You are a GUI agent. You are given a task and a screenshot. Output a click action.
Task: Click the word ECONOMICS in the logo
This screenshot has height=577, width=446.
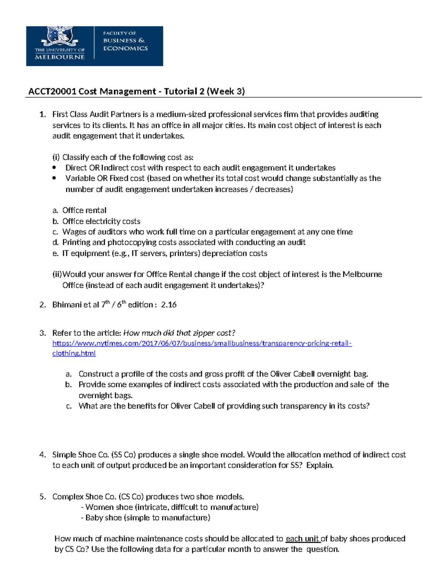(x=125, y=48)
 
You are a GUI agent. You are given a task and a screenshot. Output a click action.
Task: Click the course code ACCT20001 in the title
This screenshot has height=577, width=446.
(x=52, y=91)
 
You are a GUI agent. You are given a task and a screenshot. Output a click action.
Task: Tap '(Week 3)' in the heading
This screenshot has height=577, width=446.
(x=226, y=91)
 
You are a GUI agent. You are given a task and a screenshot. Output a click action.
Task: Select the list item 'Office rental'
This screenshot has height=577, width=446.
(x=84, y=210)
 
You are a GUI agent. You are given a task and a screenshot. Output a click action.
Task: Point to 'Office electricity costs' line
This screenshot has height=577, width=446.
(x=101, y=221)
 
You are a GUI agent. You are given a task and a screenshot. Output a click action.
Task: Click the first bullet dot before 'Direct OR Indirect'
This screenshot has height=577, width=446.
(x=55, y=168)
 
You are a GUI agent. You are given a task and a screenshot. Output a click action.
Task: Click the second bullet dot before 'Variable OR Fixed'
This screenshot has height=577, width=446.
(x=55, y=178)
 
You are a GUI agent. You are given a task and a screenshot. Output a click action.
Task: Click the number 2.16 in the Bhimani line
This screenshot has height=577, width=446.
(x=169, y=305)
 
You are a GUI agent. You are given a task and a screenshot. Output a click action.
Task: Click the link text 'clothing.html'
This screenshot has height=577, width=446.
(x=74, y=353)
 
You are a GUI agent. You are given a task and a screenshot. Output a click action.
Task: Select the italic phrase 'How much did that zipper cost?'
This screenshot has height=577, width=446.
(x=179, y=333)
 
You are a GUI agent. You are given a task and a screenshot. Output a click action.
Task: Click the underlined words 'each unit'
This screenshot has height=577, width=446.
(x=303, y=539)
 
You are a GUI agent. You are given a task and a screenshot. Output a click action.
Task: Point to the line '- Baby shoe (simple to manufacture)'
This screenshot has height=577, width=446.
(x=145, y=518)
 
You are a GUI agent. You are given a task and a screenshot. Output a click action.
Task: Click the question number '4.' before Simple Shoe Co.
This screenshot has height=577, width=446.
(x=42, y=455)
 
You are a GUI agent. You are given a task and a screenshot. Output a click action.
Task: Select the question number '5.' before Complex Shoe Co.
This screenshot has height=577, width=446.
(x=42, y=497)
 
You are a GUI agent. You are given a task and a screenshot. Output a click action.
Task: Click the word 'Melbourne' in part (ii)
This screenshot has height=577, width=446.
(x=362, y=275)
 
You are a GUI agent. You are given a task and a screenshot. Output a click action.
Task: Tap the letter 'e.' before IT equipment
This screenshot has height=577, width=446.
(x=55, y=253)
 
